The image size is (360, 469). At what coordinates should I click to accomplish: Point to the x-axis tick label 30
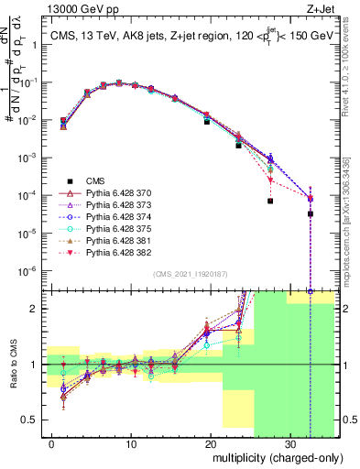289,444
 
